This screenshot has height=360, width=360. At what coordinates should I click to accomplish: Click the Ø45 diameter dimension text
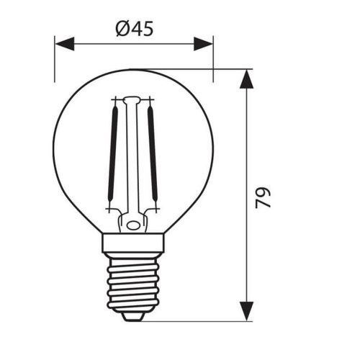click(x=134, y=29)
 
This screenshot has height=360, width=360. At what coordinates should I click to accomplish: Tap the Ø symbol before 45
click(x=121, y=29)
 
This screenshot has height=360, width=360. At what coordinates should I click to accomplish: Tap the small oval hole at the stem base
click(x=132, y=225)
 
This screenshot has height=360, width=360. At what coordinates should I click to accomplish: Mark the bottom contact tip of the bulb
click(x=133, y=315)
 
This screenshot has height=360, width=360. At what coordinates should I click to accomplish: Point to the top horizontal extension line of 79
click(x=216, y=69)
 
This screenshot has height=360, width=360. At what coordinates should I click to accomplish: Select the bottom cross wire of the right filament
click(x=152, y=210)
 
